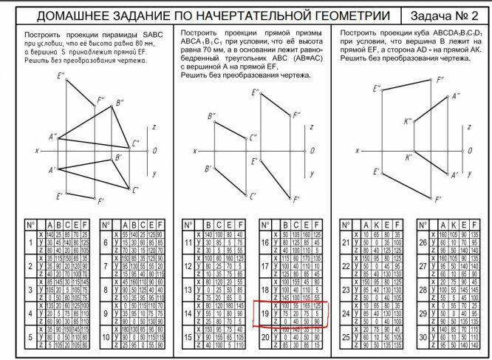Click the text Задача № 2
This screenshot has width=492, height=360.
[x=445, y=16]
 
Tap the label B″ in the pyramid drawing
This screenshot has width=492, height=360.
[x=119, y=103]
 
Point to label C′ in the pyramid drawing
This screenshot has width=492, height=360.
[x=135, y=190]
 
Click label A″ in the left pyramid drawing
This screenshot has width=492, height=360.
[x=52, y=137]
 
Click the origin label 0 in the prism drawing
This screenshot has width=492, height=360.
[x=312, y=151]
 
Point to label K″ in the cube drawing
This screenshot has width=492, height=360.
[x=407, y=121]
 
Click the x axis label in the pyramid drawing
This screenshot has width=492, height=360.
[x=36, y=151]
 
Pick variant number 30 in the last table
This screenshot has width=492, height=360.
[x=423, y=336]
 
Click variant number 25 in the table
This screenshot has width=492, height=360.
[x=345, y=336]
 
